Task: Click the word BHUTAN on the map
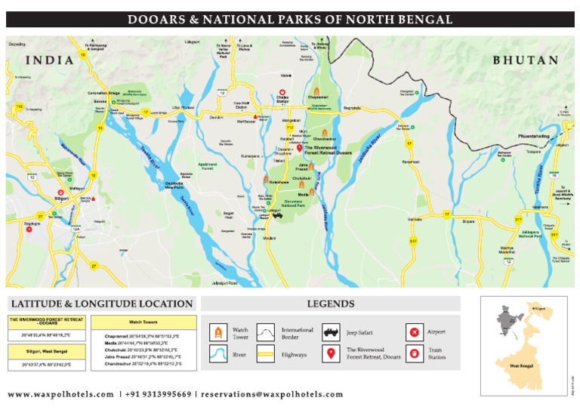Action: pos(526,60)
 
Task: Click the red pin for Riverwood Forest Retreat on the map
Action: pos(300,149)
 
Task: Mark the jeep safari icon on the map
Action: pos(277,214)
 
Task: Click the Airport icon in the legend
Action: pos(413,331)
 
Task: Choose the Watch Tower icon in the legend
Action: pos(218,331)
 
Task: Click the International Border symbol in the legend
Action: pos(267,331)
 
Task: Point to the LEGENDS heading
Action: pos(330,304)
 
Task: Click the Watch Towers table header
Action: pos(142,321)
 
